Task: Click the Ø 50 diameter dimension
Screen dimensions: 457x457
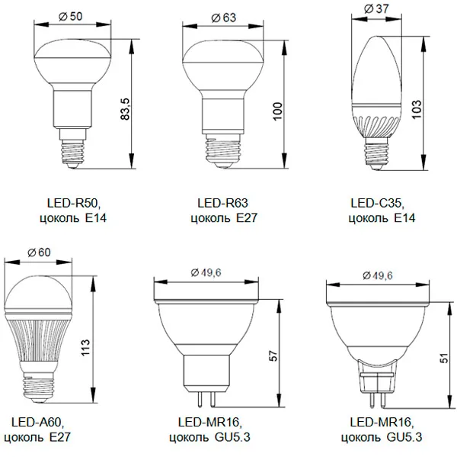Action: (x=71, y=16)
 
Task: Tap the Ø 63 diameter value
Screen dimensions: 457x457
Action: (x=223, y=18)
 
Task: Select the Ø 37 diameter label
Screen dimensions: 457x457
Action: (x=376, y=8)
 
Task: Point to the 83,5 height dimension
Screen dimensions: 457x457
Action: (x=125, y=109)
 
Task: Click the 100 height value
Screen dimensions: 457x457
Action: (x=278, y=111)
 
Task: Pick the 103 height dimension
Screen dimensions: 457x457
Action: (x=417, y=109)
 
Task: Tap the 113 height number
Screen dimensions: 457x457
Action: (x=85, y=347)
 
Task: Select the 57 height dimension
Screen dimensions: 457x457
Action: (x=273, y=356)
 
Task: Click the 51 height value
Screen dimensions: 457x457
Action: (x=444, y=358)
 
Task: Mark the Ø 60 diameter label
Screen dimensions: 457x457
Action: (x=39, y=253)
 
